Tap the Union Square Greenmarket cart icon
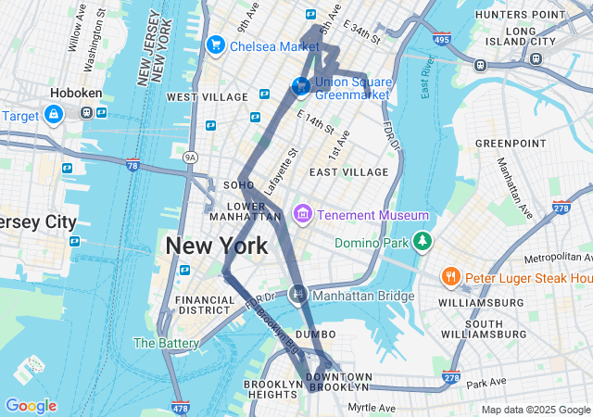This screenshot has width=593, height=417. pos(300,85)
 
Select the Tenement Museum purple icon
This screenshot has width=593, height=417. pos(301,215)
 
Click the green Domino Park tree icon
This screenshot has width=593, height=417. pos(423,241)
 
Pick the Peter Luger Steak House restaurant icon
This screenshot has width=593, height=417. pos(450,277)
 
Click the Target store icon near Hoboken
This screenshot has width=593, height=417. pos(54,114)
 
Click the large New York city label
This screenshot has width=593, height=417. pos(217,246)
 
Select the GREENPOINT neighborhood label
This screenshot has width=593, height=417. pos(511,144)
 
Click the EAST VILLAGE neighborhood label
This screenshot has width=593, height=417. pos(349,172)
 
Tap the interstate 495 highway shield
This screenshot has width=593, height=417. pos(442,38)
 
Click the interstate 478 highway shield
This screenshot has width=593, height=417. pos(181,407)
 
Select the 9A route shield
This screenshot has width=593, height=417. pos(191,157)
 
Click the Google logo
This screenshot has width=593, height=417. pos(31,406)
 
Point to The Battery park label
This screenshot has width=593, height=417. pos(166,343)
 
